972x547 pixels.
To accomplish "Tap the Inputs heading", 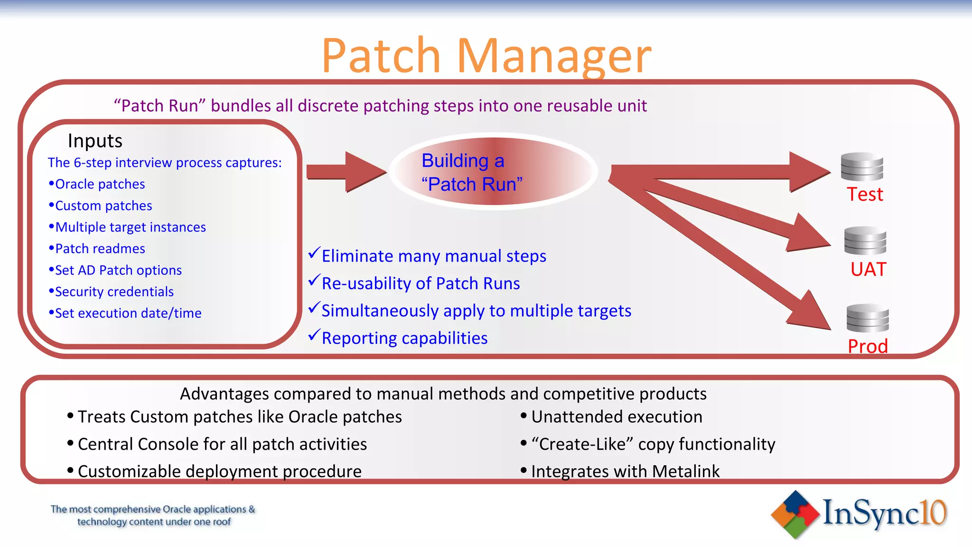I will click(x=95, y=141).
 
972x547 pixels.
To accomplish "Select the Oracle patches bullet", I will click(x=100, y=184).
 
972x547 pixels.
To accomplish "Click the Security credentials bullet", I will click(x=114, y=292).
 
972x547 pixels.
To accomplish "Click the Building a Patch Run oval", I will click(x=494, y=172).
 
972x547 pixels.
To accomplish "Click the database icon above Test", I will click(x=861, y=167).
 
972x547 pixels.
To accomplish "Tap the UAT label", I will click(x=868, y=270).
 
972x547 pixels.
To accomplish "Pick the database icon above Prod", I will click(x=867, y=318).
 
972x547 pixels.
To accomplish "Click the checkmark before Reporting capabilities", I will click(x=314, y=335).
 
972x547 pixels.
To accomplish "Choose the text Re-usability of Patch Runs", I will click(x=421, y=283).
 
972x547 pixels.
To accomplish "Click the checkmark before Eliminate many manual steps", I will click(x=314, y=253).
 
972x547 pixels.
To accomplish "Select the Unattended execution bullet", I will click(x=616, y=417).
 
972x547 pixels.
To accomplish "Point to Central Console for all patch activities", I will click(x=222, y=444).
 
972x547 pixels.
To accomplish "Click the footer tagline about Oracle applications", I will click(x=153, y=516).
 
